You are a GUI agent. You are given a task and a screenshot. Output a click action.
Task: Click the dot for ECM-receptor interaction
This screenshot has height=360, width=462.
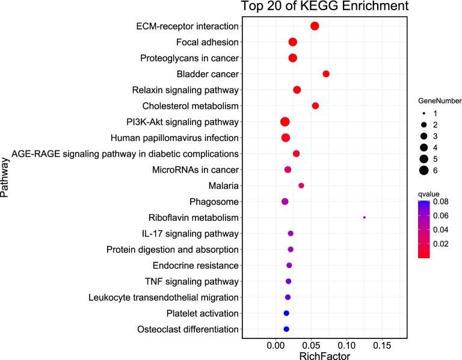pos(315,26)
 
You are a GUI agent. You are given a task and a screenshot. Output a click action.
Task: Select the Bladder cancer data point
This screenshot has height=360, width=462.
pos(326,74)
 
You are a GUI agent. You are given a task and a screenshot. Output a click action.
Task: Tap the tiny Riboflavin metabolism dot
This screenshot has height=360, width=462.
pos(365,217)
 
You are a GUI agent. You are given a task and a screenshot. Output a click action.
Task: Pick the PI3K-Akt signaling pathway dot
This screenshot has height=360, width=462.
pos(285,122)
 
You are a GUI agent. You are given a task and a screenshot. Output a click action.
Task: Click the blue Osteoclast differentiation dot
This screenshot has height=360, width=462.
pos(286,329)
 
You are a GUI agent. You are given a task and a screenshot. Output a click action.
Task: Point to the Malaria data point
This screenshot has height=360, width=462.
pos(301,185)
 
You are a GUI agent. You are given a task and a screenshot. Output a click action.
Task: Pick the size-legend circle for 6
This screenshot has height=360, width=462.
pos(423,170)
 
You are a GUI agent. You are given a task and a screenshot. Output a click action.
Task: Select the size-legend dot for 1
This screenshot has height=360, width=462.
pos(423,113)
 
